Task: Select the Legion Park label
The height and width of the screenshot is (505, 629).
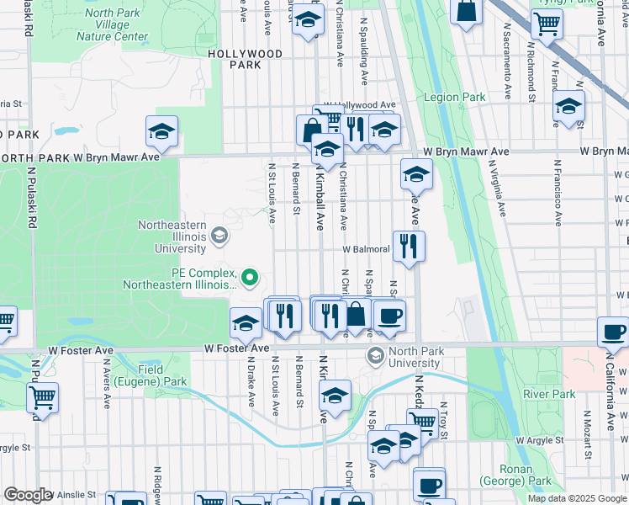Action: [454, 98]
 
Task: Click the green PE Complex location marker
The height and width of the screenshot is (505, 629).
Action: [249, 276]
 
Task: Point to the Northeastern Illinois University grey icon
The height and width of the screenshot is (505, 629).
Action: [219, 234]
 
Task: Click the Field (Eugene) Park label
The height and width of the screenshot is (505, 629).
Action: [163, 375]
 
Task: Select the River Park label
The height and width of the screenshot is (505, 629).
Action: [548, 394]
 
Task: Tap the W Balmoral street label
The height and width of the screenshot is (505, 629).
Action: [365, 250]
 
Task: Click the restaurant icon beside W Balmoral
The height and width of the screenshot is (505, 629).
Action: [409, 246]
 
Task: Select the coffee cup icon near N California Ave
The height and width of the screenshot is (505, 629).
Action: [613, 331]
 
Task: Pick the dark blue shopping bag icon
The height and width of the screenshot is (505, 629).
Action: [466, 12]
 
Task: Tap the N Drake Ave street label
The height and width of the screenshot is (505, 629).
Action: [250, 385]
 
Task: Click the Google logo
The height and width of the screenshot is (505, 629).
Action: [28, 495]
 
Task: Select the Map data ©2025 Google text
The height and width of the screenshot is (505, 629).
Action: [576, 498]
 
